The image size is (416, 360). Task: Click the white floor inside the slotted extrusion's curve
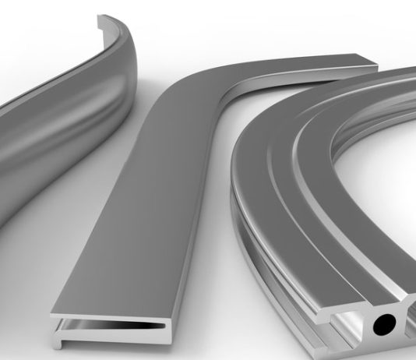(x=390, y=195)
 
